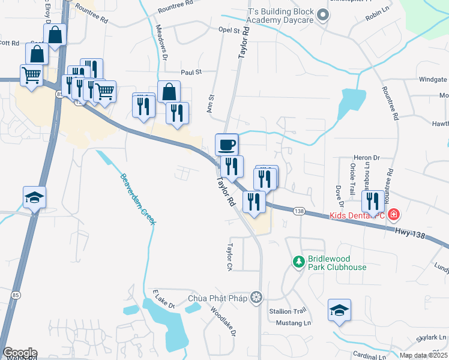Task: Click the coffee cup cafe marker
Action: coord(227,145)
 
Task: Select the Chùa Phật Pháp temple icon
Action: coord(257,297)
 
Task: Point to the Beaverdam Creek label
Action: coord(137,199)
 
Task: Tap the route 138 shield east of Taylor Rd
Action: coord(300,211)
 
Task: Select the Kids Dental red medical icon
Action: coord(394,214)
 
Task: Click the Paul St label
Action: coord(190,72)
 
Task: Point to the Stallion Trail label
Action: coord(291,311)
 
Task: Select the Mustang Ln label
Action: coord(294,323)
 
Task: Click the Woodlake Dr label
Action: coord(224,322)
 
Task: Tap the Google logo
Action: coord(19,353)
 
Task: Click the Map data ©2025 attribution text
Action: coord(423,355)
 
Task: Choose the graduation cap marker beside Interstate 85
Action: coord(34,197)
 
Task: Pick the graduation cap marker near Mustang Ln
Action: coord(340,310)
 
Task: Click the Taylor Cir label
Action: coord(229,256)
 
